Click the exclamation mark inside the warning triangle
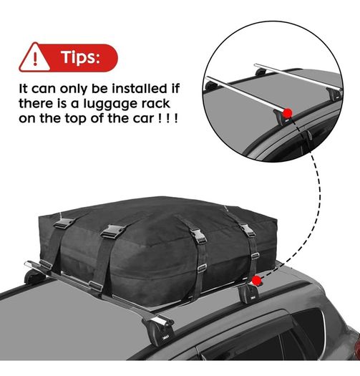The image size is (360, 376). pos(35,59)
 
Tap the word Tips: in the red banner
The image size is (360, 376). pos(80,57)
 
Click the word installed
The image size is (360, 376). pos(140,88)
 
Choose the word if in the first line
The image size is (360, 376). pos(175,88)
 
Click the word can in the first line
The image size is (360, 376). pos(44,90)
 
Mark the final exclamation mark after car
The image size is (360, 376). pos(176,118)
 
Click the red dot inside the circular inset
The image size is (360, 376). pos(287,112)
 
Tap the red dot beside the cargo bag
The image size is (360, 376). pos(256,280)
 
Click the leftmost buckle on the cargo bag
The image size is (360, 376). pos(64,223)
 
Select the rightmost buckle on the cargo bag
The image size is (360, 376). pos(248,230)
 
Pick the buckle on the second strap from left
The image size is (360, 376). pos(113,231)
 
